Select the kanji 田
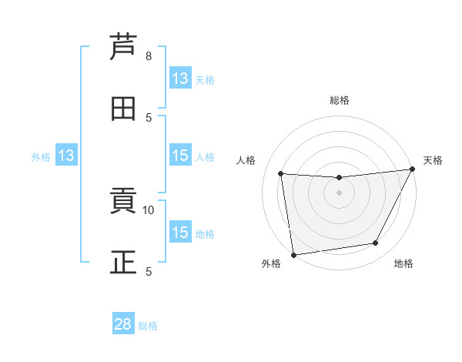tap(123, 108)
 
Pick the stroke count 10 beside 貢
tap(149, 209)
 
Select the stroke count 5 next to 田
tap(149, 118)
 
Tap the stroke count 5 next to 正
tap(149, 271)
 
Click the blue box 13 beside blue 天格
tap(180, 79)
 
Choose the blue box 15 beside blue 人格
tap(180, 156)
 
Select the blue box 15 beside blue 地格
tap(180, 233)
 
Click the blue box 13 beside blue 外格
tap(66, 156)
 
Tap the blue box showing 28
tap(123, 324)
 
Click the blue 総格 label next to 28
tap(148, 326)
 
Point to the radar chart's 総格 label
tap(340, 100)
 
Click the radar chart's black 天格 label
tap(433, 160)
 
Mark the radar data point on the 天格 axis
tap(413, 169)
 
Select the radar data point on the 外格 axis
tap(293, 254)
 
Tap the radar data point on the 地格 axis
tap(376, 243)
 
